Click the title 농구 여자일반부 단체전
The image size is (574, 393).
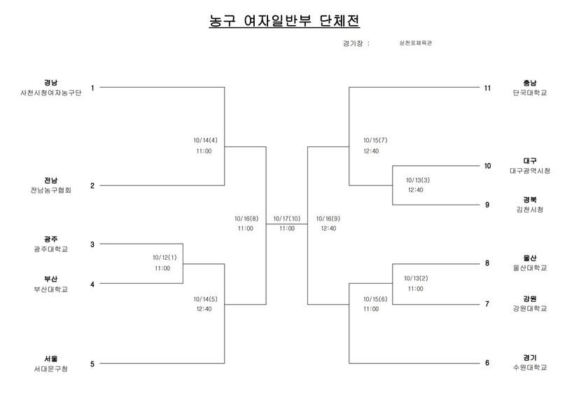pyautogui.click(x=284, y=21)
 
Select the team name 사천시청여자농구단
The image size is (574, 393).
pyautogui.click(x=50, y=93)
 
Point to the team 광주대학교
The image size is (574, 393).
pyautogui.click(x=50, y=249)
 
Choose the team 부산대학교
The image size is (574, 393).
pyautogui.click(x=50, y=289)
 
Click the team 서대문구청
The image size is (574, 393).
pyautogui.click(x=50, y=368)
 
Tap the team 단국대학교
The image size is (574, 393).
pyautogui.click(x=529, y=92)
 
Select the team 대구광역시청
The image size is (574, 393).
pyautogui.click(x=530, y=171)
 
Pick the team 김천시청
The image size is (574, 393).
pyautogui.click(x=530, y=209)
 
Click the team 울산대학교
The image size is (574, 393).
pyautogui.click(x=530, y=268)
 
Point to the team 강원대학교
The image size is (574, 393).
pyautogui.click(x=530, y=308)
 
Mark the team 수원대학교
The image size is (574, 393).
pyautogui.click(x=530, y=368)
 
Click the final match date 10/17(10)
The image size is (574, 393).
pyautogui.click(x=286, y=219)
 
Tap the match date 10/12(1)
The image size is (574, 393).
pyautogui.click(x=164, y=257)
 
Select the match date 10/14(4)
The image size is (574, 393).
pyautogui.click(x=205, y=139)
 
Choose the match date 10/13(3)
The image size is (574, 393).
pyautogui.click(x=418, y=179)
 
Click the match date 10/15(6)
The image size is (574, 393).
pyautogui.click(x=375, y=298)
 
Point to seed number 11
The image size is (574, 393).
pyautogui.click(x=488, y=88)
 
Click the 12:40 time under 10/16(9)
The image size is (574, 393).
pyautogui.click(x=328, y=228)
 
